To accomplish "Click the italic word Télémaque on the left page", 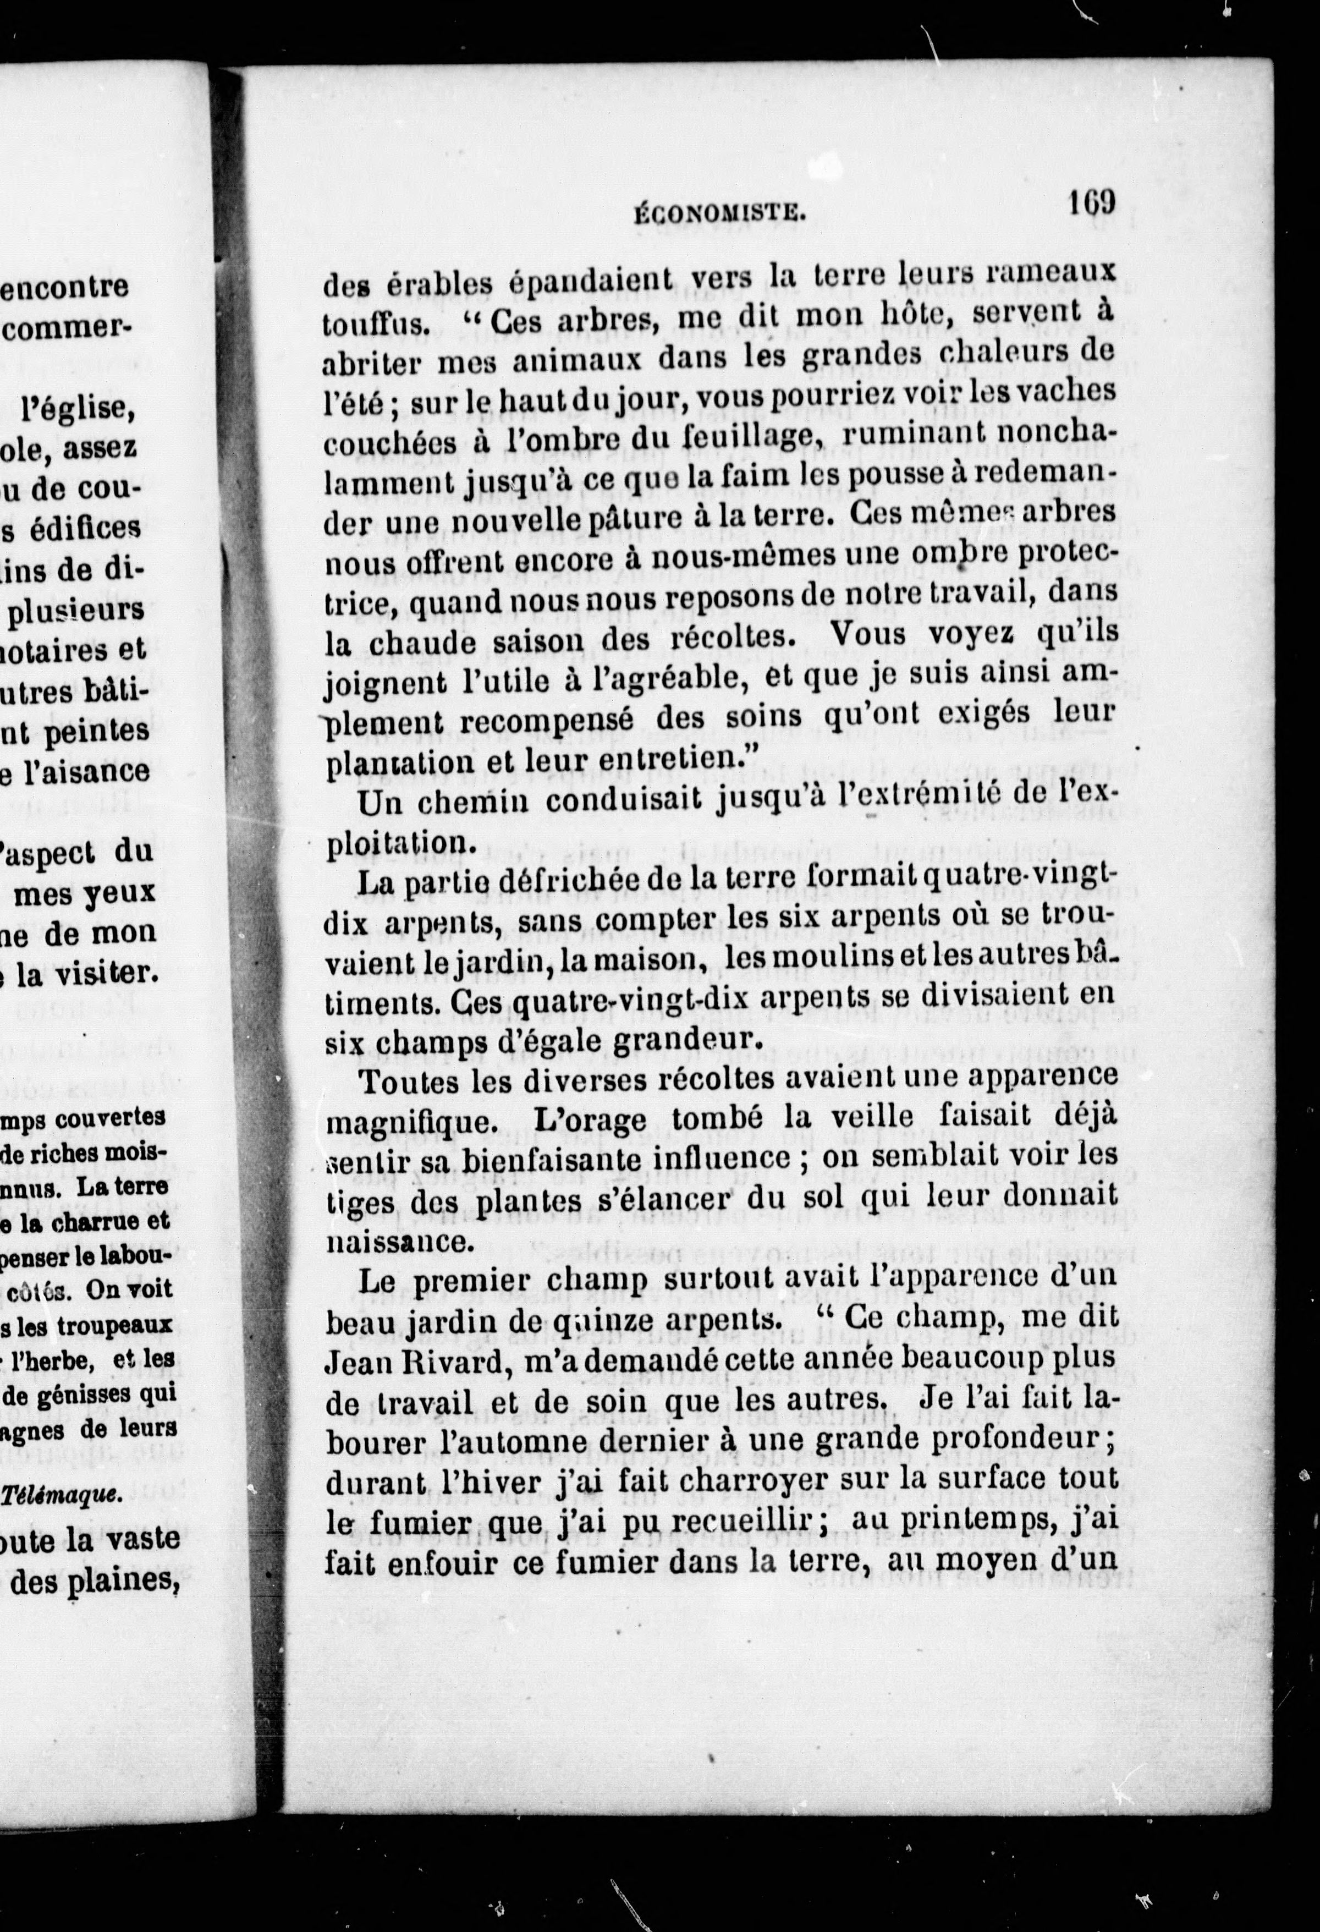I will click(x=63, y=1494).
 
